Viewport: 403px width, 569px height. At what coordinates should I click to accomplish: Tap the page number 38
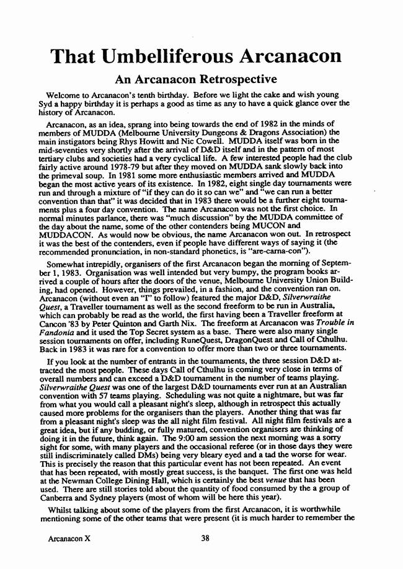(205, 538)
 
